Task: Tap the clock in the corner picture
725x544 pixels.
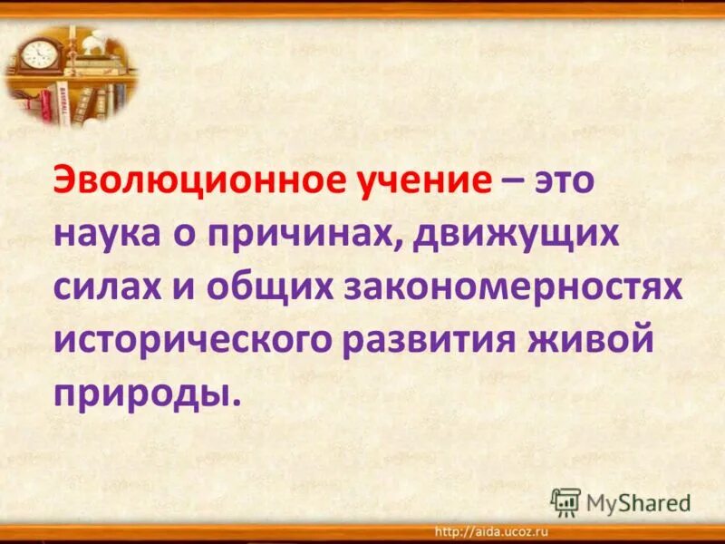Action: tap(38, 53)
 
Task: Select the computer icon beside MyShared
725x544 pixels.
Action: tap(565, 501)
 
